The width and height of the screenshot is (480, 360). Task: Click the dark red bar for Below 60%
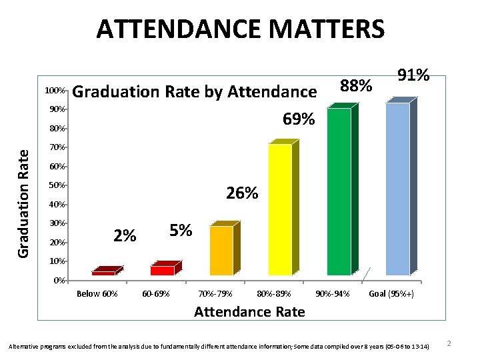103,273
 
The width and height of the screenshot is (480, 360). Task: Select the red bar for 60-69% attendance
162,270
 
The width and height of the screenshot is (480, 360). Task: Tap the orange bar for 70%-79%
221,250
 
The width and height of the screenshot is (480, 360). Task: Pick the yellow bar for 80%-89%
280,209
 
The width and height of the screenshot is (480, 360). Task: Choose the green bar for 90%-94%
339,191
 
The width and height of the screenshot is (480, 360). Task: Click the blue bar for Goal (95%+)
397,189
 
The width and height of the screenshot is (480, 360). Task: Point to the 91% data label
412,75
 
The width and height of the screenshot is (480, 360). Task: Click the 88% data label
355,86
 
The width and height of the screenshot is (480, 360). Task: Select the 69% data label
298,119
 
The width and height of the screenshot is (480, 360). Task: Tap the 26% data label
241,193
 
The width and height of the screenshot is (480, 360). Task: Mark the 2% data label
125,235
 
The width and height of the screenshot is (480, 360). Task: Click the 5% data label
181,231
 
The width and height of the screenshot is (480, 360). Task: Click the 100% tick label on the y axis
54,90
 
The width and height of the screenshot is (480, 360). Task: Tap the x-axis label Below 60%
97,294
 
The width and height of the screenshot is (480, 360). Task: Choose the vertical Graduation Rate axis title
23,203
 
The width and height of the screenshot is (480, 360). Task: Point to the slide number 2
449,343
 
